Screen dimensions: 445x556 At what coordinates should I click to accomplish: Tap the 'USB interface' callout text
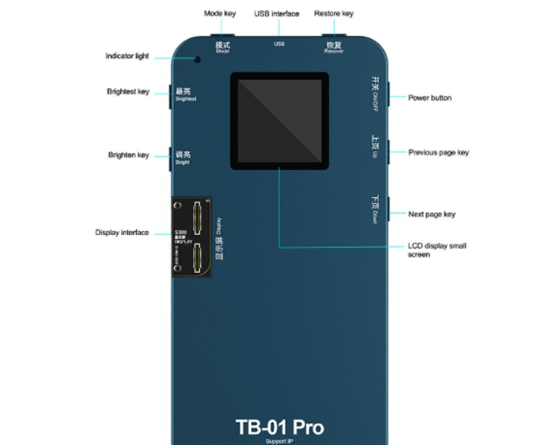(x=276, y=13)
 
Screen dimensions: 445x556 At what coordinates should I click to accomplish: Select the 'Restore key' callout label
(x=334, y=13)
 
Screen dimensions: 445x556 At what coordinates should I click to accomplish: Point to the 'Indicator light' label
(x=127, y=56)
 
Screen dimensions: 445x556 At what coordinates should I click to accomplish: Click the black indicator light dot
(x=197, y=59)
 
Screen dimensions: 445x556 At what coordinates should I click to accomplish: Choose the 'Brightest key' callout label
(x=128, y=91)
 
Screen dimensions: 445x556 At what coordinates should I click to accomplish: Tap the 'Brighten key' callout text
(x=128, y=155)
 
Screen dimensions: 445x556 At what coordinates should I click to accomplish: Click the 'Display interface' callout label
(x=122, y=233)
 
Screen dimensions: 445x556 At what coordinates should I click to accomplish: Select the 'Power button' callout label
(x=430, y=98)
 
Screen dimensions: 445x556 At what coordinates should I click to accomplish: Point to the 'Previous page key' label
(x=439, y=152)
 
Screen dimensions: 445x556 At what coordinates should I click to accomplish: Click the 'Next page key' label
(x=432, y=214)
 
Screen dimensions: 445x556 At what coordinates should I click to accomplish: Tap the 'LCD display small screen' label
(x=437, y=250)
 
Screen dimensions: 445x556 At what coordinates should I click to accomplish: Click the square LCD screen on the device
(x=279, y=121)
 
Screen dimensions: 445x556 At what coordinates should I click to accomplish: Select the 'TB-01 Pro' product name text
(x=280, y=427)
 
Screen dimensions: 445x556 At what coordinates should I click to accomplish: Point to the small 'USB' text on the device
(x=279, y=43)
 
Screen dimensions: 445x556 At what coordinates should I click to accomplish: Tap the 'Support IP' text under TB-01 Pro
(x=279, y=441)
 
